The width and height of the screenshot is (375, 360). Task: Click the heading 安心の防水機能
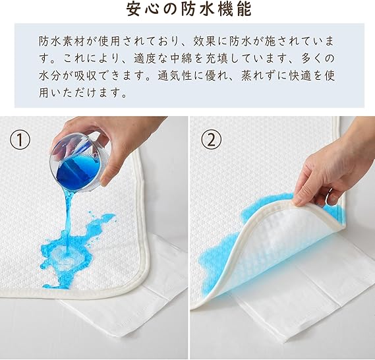(188, 10)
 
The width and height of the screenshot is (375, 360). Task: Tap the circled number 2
(211, 139)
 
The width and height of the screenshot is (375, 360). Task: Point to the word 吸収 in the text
(86, 76)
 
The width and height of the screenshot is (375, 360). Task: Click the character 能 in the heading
(244, 10)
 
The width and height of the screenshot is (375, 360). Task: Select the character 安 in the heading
(134, 10)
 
